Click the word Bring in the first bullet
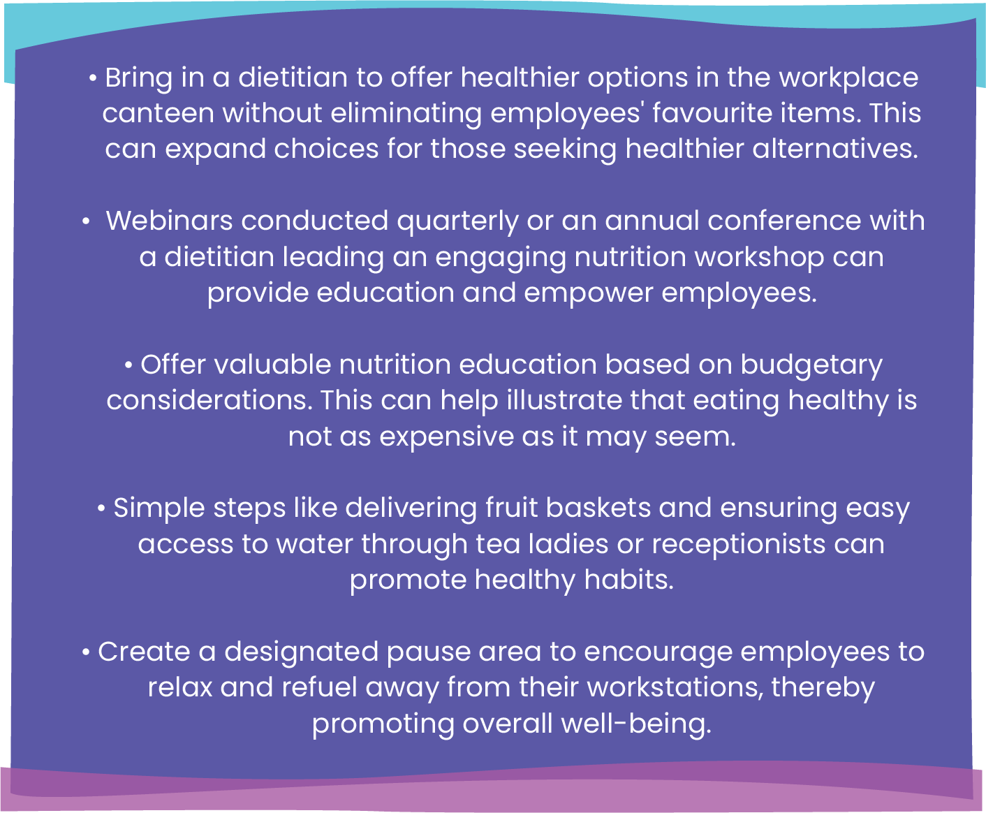click(138, 78)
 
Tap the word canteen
click(159, 113)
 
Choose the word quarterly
click(457, 222)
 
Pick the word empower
click(589, 294)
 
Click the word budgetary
click(811, 366)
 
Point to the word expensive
click(446, 437)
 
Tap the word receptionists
click(739, 544)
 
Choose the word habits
click(628, 580)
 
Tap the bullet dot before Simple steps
click(101, 509)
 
